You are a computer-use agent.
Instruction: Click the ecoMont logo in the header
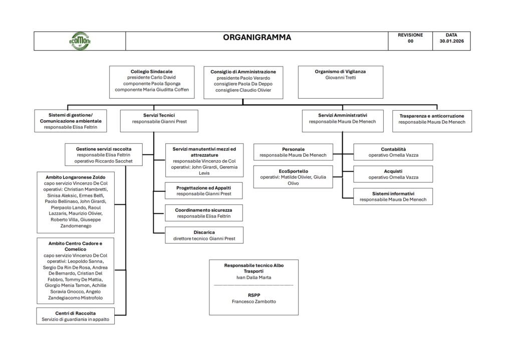pos(80,41)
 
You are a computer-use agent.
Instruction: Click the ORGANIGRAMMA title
pos(257,37)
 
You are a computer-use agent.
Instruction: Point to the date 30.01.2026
pos(451,41)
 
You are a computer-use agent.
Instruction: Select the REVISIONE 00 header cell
pos(410,41)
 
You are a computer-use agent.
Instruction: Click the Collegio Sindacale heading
pos(151,71)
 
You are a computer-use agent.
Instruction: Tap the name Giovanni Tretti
pos(341,78)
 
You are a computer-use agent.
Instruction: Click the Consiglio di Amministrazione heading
pos(243,72)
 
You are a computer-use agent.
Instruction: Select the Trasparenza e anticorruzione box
pos(432,121)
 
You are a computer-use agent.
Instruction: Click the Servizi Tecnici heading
pos(159,115)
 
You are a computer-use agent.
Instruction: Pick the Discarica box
pos(204,235)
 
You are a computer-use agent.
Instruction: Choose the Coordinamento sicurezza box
pos(204,213)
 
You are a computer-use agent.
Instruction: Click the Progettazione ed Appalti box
pos(203,191)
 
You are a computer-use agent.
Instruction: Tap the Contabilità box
pos(393,152)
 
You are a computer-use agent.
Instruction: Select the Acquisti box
pos(393,174)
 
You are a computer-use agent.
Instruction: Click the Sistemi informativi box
pos(393,196)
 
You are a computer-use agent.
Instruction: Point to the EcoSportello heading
pos(293,171)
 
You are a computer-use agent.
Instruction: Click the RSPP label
pos(254,295)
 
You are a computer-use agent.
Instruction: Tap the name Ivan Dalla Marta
pos(254,277)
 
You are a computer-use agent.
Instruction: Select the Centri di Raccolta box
pos(75,316)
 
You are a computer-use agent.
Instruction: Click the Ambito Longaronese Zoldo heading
pos(76,177)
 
